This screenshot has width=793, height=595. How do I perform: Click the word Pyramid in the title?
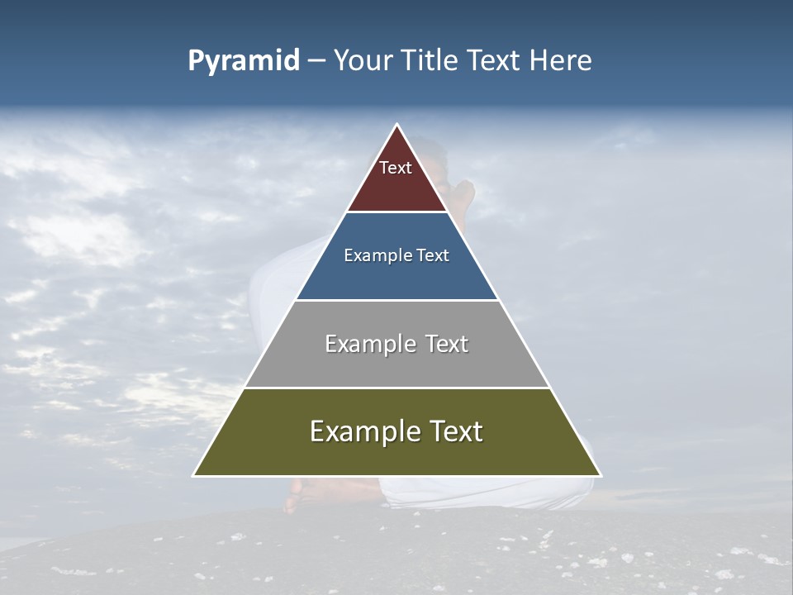coord(244,61)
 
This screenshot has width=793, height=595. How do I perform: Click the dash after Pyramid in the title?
coord(316,61)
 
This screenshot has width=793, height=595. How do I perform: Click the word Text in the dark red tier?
coord(396,168)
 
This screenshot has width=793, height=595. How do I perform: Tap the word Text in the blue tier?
coord(433,255)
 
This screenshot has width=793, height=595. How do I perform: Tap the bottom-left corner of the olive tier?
coord(195,475)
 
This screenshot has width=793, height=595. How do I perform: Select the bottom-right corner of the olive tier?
coord(600,475)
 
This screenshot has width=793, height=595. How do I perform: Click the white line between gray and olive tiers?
coord(397,388)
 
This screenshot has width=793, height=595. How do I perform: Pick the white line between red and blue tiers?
coord(397,212)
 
